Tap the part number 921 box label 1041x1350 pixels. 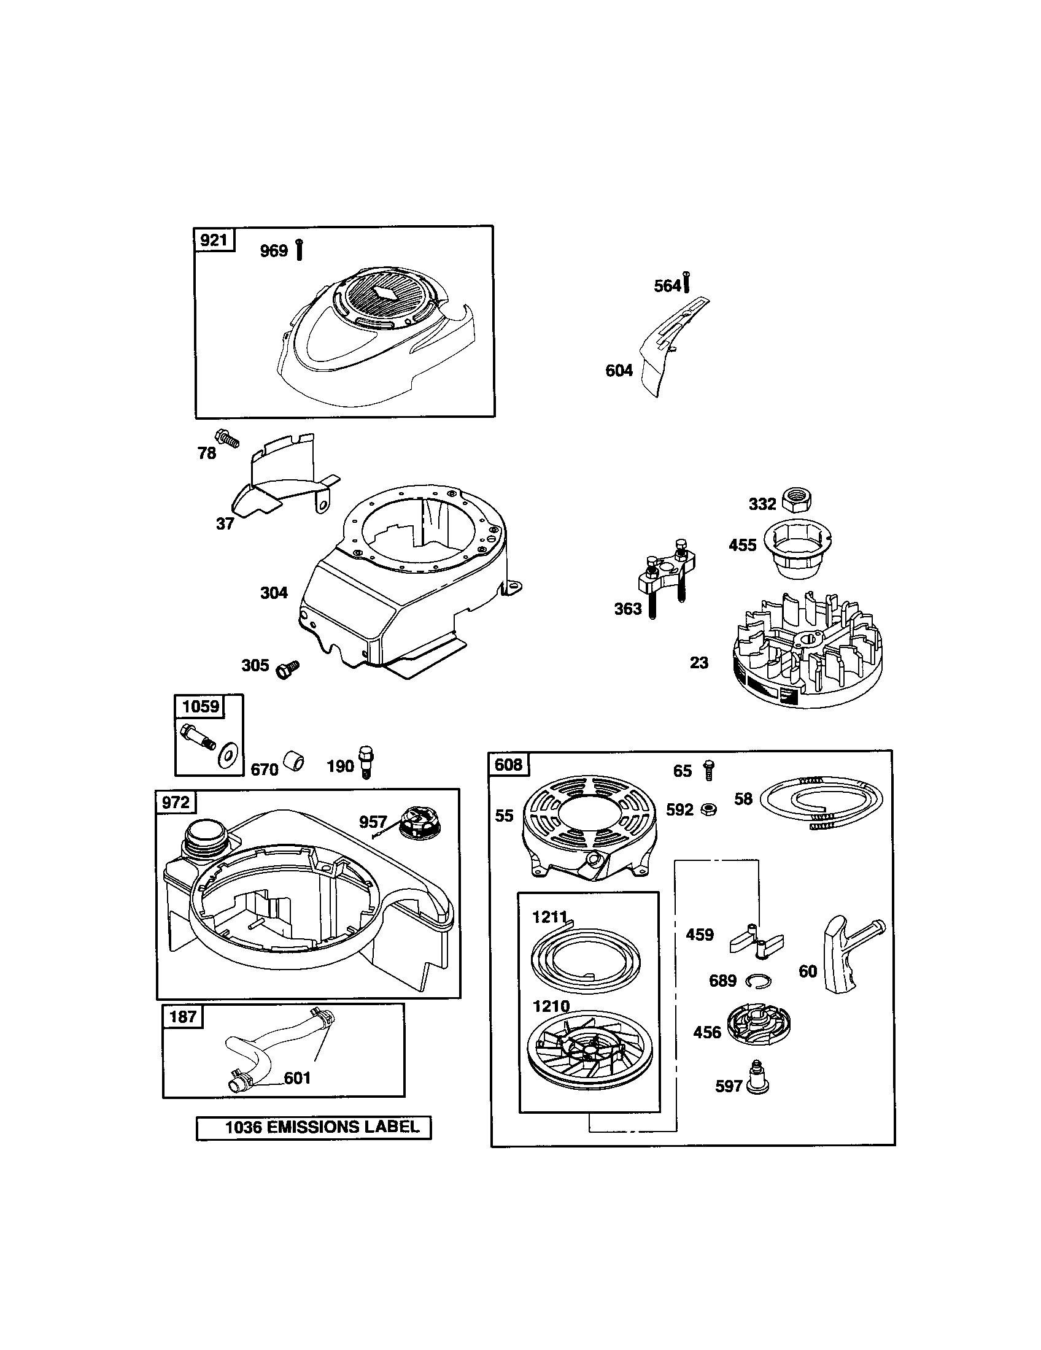click(x=214, y=240)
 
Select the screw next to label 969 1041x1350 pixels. click(x=299, y=250)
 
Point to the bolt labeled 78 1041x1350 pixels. click(x=227, y=439)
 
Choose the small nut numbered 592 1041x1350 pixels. click(x=710, y=809)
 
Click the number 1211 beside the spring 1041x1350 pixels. click(x=549, y=935)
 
